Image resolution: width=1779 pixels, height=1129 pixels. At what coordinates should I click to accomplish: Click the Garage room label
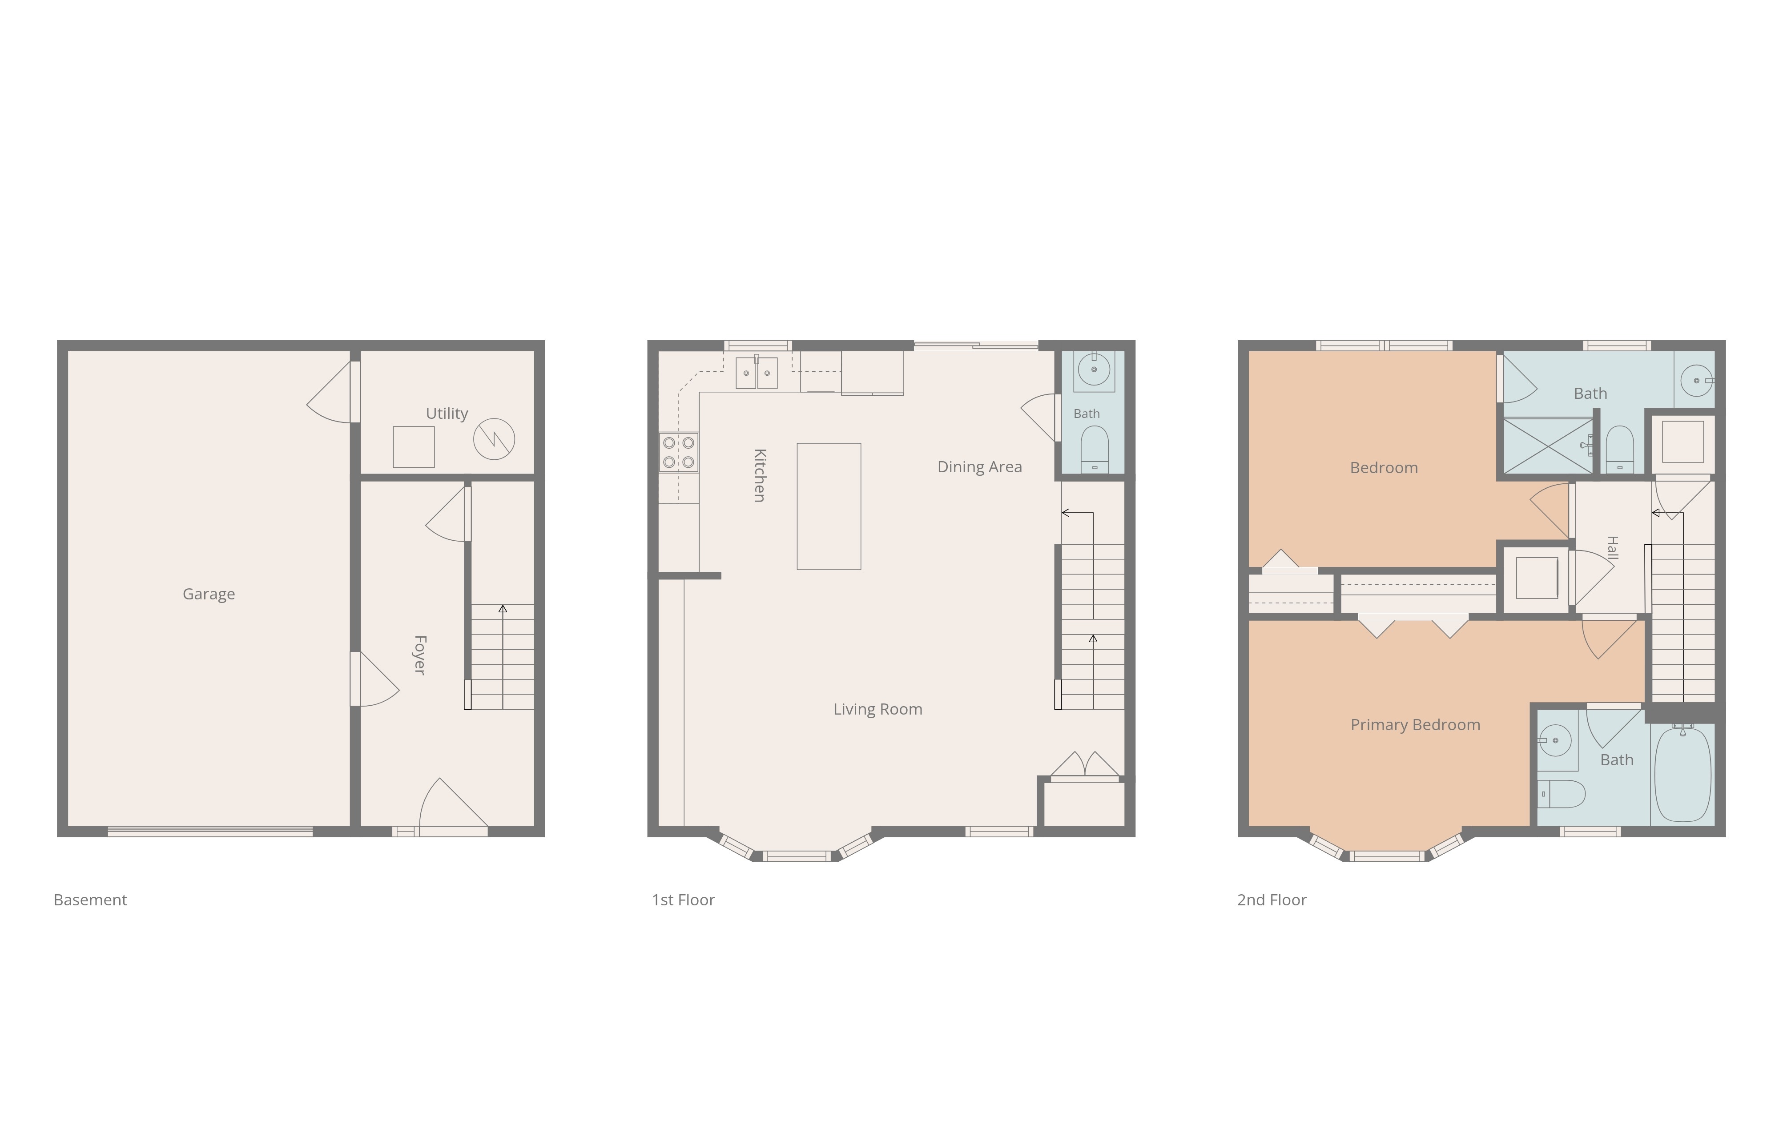point(209,594)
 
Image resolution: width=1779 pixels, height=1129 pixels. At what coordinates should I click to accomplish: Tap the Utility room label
point(447,413)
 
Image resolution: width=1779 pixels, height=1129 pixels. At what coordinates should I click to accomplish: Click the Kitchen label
point(760,475)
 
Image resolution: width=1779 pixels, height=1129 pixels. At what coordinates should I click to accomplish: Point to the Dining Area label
point(980,467)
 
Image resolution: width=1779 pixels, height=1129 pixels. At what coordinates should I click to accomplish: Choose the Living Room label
point(877,709)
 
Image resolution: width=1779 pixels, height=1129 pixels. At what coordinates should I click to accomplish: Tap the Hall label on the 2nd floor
point(1613,547)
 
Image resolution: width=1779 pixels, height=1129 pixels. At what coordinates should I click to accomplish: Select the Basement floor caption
point(90,900)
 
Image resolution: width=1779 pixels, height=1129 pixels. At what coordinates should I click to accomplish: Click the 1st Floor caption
point(684,900)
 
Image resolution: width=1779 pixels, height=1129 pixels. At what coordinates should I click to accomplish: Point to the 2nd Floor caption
point(1272,900)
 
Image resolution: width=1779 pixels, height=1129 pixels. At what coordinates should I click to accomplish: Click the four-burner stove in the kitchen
point(678,452)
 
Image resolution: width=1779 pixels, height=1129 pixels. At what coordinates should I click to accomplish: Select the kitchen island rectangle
point(829,506)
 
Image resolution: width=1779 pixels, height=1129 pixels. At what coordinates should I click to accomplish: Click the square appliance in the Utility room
point(414,446)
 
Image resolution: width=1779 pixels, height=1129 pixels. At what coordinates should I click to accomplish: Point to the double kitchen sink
point(757,372)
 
